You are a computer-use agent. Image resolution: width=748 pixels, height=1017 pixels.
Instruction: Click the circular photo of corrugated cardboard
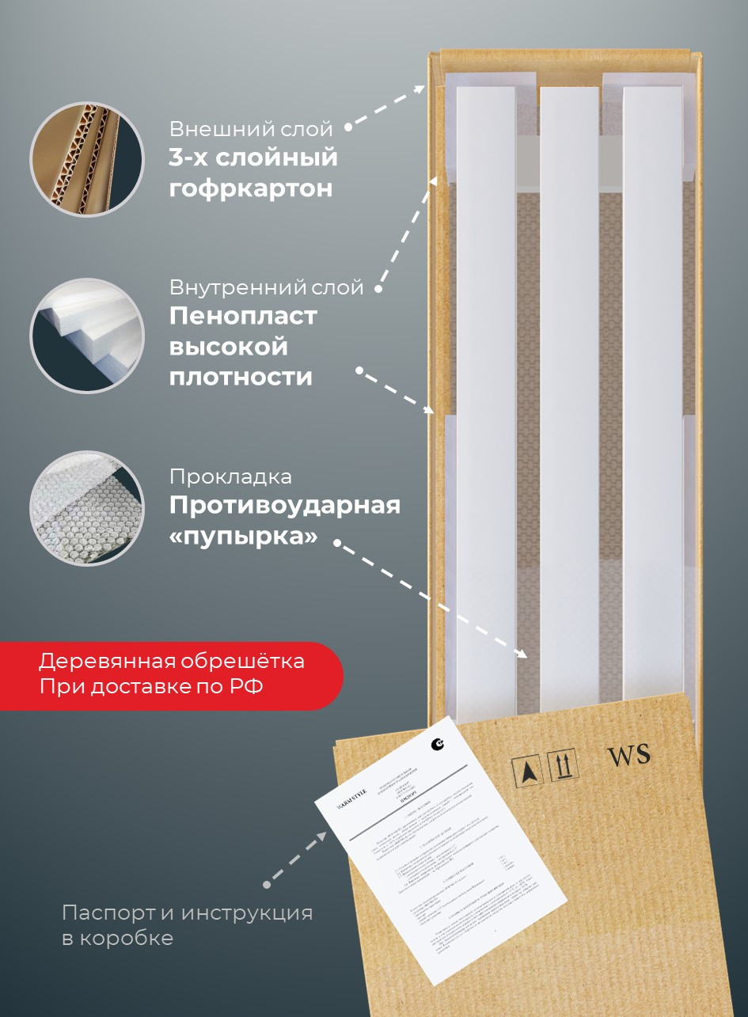87,158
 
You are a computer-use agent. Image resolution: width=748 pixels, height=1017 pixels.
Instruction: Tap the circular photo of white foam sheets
87,336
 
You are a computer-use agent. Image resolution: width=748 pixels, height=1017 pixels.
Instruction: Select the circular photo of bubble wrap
87,508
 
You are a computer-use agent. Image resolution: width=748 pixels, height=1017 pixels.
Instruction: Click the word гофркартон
250,189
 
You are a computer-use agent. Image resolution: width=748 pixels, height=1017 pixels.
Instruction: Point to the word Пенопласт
243,316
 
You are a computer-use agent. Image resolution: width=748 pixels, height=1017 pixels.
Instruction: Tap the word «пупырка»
244,537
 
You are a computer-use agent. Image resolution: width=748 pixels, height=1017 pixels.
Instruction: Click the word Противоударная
285,505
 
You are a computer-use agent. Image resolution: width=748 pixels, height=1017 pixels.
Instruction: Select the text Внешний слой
251,128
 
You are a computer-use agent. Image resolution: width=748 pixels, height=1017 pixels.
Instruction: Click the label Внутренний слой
266,287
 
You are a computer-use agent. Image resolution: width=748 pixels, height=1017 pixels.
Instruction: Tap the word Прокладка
230,476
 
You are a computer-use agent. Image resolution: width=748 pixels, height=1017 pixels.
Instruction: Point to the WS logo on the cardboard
628,755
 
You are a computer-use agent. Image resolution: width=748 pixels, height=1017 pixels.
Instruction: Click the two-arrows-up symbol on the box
564,765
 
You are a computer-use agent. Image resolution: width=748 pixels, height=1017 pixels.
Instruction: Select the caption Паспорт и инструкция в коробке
187,925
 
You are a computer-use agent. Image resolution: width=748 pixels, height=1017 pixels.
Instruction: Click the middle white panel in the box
568,396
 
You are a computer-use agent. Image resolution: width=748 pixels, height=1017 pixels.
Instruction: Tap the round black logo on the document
438,743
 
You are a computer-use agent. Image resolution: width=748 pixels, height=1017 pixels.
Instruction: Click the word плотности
241,378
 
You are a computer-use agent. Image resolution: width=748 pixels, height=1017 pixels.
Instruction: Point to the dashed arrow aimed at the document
295,858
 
